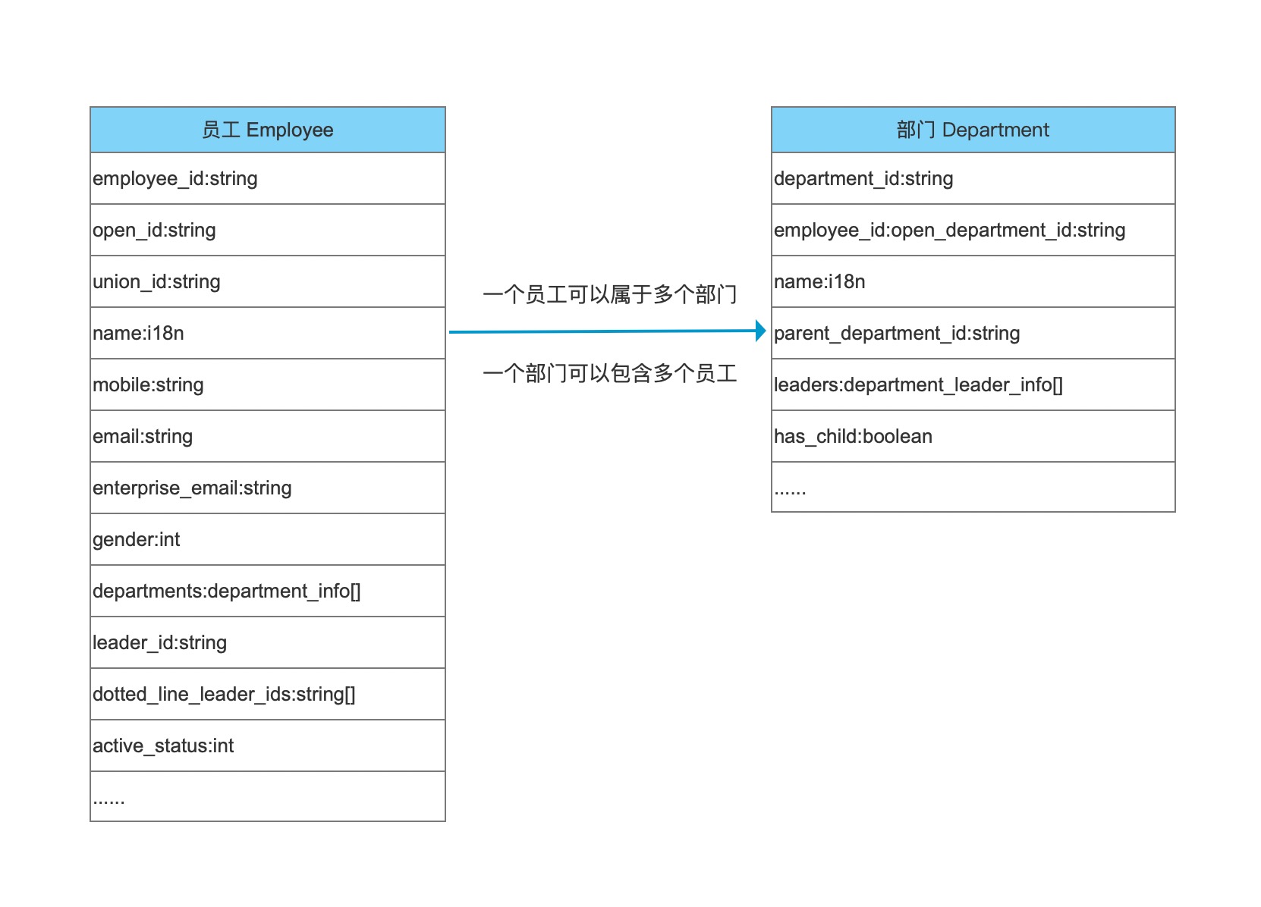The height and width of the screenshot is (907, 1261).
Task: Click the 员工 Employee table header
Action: [267, 130]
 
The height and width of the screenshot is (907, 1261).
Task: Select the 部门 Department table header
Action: [973, 130]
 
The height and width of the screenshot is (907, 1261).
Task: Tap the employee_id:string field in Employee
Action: [175, 178]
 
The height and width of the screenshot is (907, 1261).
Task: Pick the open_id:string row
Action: [154, 230]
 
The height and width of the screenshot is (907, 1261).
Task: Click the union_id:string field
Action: [156, 282]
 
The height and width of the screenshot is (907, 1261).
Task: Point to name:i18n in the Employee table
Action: [139, 333]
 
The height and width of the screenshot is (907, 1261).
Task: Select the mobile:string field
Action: [148, 384]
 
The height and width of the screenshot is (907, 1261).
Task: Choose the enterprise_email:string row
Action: [192, 488]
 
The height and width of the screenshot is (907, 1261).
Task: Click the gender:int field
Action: [137, 540]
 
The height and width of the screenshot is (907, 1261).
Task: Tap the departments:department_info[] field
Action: [226, 592]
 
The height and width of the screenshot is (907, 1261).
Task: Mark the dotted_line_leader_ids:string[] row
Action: [224, 695]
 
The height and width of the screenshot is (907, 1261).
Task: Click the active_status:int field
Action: [163, 746]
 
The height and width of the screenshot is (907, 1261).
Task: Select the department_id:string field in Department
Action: [863, 178]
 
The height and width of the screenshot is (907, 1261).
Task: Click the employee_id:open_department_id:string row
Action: [950, 230]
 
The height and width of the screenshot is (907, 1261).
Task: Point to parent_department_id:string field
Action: [897, 333]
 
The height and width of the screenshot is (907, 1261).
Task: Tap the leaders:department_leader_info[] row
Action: [918, 384]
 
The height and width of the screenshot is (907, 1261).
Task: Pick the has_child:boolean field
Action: [853, 437]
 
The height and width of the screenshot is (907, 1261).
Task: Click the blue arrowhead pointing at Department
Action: [760, 331]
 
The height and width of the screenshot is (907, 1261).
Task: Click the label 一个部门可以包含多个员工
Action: [610, 374]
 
